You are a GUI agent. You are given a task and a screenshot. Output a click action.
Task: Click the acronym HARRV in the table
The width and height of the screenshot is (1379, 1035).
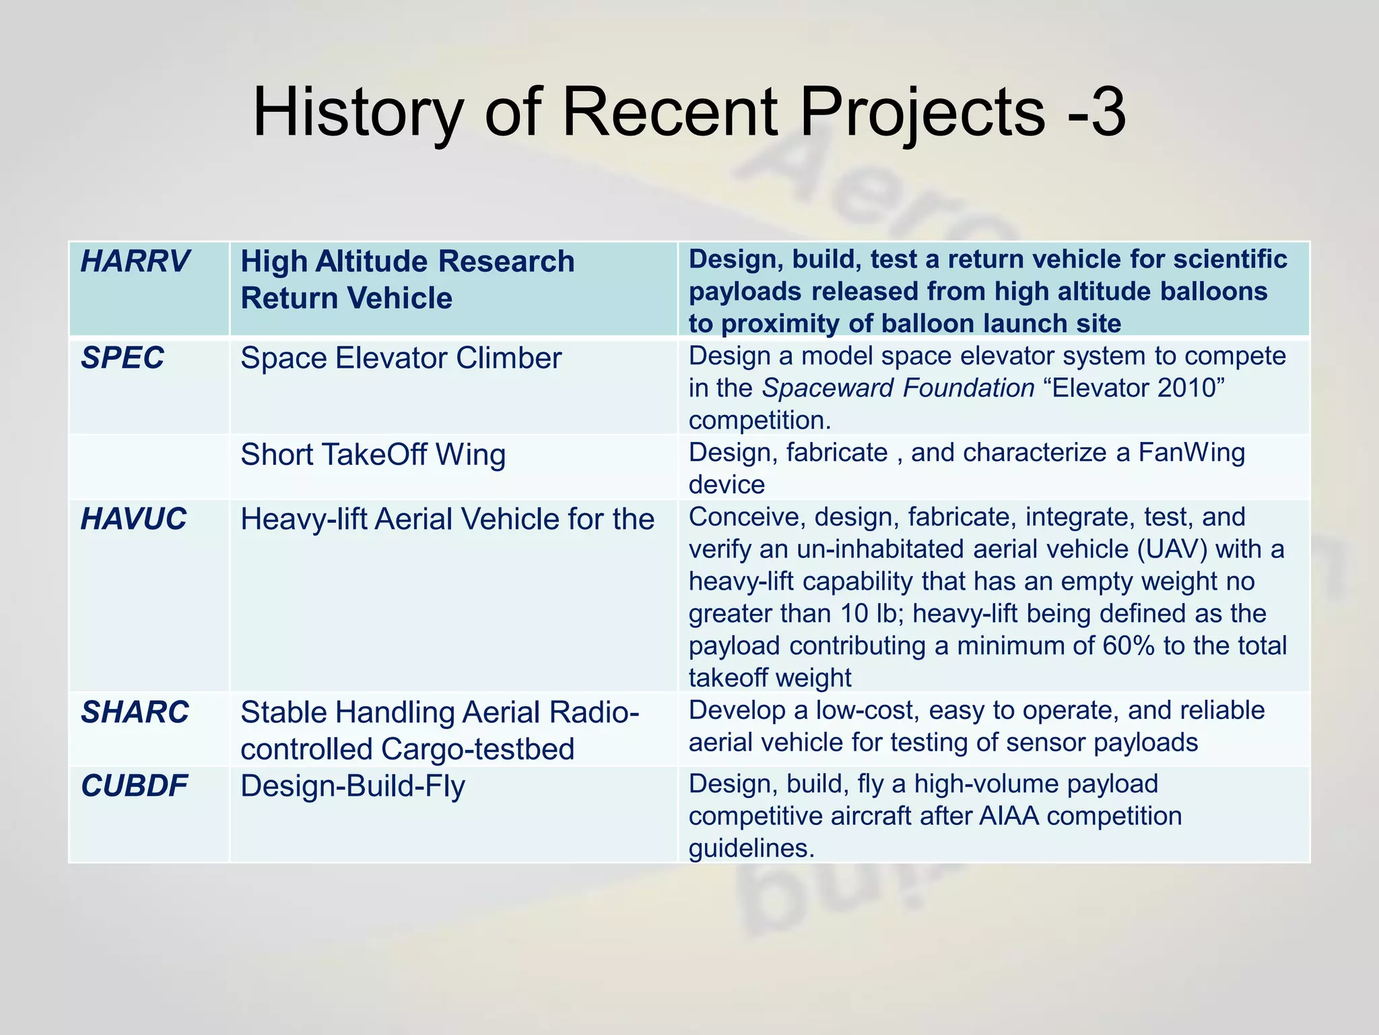[135, 261]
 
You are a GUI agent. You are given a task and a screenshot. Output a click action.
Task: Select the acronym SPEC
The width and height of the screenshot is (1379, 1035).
[122, 358]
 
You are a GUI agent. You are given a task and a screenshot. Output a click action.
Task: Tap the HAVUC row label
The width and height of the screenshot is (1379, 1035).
[133, 520]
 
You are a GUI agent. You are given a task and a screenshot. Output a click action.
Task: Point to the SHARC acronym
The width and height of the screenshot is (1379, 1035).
[135, 712]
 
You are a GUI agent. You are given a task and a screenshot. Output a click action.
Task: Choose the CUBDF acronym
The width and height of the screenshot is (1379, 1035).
[134, 786]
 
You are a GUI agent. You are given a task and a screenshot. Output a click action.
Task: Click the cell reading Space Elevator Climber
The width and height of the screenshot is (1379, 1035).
[401, 358]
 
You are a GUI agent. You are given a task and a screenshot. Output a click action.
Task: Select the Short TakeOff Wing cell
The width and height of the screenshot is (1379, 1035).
[373, 455]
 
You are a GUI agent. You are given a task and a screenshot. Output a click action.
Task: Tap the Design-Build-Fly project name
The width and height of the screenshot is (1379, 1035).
[353, 786]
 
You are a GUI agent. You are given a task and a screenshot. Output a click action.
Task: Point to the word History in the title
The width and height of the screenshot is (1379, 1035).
[358, 112]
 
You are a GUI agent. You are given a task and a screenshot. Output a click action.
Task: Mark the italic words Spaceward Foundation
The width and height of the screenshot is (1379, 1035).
[898, 388]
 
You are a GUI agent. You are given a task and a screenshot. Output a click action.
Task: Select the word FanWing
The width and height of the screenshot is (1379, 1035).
[1191, 453]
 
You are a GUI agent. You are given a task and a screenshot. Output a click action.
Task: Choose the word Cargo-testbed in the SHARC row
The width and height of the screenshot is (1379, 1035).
[477, 749]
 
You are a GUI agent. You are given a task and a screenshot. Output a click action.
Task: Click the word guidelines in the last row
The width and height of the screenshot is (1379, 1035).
[751, 848]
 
